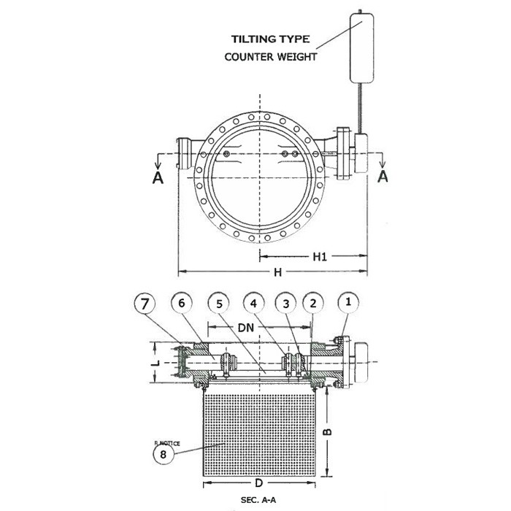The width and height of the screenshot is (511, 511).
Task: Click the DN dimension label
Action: [246, 328]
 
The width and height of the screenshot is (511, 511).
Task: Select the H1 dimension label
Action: [320, 257]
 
